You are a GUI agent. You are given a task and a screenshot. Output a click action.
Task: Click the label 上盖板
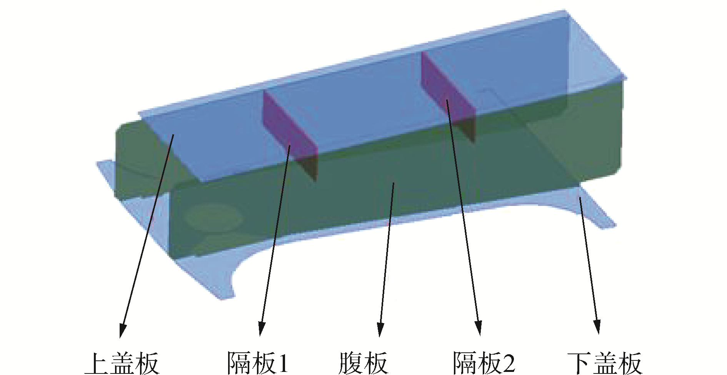(x=122, y=363)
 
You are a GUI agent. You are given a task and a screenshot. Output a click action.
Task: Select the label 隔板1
(x=257, y=363)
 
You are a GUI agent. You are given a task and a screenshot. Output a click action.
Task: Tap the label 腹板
(x=363, y=363)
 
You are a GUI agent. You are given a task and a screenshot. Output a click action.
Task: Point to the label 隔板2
(x=484, y=363)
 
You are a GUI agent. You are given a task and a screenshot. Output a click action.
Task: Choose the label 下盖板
(x=604, y=363)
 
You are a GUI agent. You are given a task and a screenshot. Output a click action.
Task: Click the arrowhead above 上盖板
(x=122, y=330)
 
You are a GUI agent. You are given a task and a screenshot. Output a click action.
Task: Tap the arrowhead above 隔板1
(x=262, y=329)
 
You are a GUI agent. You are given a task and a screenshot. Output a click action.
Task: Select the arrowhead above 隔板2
(x=479, y=329)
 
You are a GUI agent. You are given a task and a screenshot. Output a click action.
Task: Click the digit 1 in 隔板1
(x=283, y=363)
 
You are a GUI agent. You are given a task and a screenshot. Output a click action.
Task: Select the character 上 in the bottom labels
(x=96, y=363)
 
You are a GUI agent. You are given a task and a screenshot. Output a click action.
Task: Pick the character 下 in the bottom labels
(x=579, y=363)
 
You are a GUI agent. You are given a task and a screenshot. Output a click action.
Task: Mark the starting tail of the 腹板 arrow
(x=393, y=184)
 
